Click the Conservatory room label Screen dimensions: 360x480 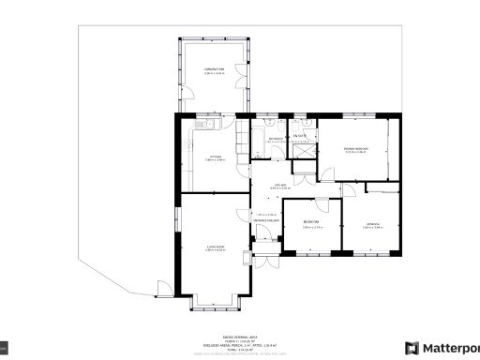point(214,69)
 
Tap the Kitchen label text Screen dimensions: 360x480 point(215,158)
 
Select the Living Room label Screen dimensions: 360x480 point(215,248)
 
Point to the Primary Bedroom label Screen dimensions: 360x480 point(354,150)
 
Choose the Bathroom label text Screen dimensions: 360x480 point(276,142)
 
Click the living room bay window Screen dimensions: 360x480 point(214,305)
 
